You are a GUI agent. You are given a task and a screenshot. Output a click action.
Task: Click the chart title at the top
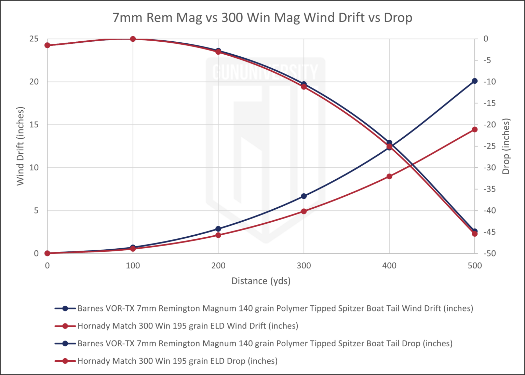click(x=262, y=17)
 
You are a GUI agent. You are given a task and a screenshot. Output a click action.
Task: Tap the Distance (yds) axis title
click(x=261, y=281)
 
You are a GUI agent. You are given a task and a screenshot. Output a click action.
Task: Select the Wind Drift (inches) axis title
click(x=21, y=146)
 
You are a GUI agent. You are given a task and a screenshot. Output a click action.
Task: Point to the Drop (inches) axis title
click(x=506, y=146)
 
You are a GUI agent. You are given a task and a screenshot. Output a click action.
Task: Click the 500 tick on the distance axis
click(x=475, y=266)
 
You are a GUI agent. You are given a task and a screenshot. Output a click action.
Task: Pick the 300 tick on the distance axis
click(x=304, y=266)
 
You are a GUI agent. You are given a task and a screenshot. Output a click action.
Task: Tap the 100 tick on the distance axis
click(x=133, y=266)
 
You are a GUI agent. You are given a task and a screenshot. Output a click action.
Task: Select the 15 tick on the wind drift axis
click(x=33, y=125)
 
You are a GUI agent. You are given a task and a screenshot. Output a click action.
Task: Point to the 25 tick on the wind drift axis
click(x=33, y=39)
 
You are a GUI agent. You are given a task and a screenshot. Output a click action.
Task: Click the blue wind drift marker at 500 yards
click(x=475, y=81)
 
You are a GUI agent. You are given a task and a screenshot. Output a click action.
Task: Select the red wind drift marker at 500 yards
click(x=475, y=129)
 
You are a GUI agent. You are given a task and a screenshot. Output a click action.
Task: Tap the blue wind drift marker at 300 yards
click(x=304, y=196)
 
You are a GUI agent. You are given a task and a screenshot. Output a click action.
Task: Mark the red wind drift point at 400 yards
click(x=389, y=176)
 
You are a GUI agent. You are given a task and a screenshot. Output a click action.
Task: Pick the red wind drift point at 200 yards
click(x=218, y=235)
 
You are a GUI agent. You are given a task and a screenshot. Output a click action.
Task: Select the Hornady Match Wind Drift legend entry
click(x=188, y=326)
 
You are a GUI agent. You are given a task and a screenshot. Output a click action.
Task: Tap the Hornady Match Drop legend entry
click(x=177, y=361)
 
